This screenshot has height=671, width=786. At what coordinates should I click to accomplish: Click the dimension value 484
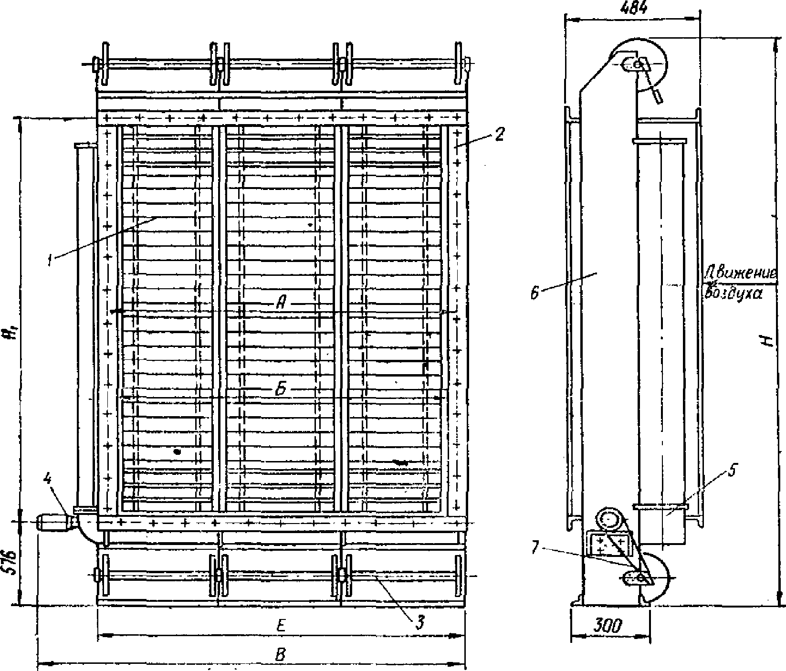tap(633, 9)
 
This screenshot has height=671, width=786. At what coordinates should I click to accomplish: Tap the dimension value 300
tap(610, 626)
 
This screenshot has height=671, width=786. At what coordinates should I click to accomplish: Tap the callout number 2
tap(499, 135)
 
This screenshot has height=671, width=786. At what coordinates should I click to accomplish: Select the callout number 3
tap(419, 622)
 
